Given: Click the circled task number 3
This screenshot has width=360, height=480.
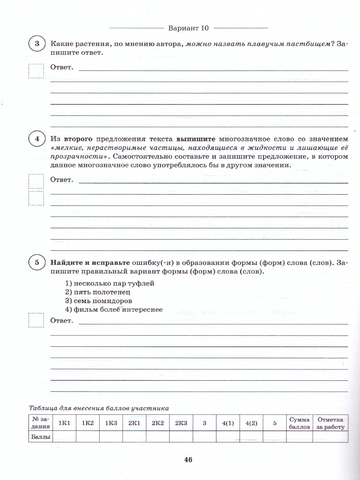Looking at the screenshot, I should pyautogui.click(x=37, y=44).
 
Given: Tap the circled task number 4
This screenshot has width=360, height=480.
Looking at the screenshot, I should pyautogui.click(x=37, y=140).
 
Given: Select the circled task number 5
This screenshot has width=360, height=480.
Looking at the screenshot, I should pyautogui.click(x=37, y=263).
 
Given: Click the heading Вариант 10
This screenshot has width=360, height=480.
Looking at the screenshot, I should pyautogui.click(x=189, y=28).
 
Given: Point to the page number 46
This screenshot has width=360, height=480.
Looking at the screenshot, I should pyautogui.click(x=188, y=460).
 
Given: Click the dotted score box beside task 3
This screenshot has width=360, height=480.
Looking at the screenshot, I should pyautogui.click(x=36, y=71).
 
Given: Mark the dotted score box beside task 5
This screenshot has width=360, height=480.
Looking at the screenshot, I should pyautogui.click(x=36, y=320).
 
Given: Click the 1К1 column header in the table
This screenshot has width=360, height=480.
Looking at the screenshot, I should pyautogui.click(x=64, y=423).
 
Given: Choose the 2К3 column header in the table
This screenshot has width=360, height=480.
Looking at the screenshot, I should pyautogui.click(x=180, y=423).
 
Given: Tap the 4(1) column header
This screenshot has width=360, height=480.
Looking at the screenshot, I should pyautogui.click(x=228, y=423).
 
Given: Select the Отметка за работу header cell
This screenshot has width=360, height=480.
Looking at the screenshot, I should pyautogui.click(x=330, y=423).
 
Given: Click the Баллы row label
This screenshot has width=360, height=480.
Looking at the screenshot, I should pyautogui.click(x=41, y=437).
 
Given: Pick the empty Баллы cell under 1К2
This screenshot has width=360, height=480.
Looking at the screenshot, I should pyautogui.click(x=88, y=437).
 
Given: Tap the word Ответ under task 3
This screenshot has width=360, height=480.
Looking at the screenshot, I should pyautogui.click(x=62, y=68).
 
